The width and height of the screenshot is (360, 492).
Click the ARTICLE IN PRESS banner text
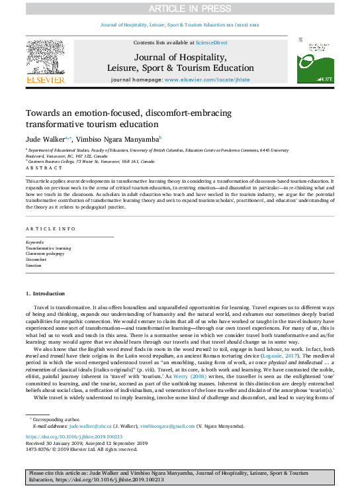pyautogui.click(x=179, y=8)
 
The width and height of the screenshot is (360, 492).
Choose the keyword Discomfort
pyautogui.click(x=37, y=260)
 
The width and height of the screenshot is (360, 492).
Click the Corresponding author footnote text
pyautogui.click(x=54, y=419)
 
